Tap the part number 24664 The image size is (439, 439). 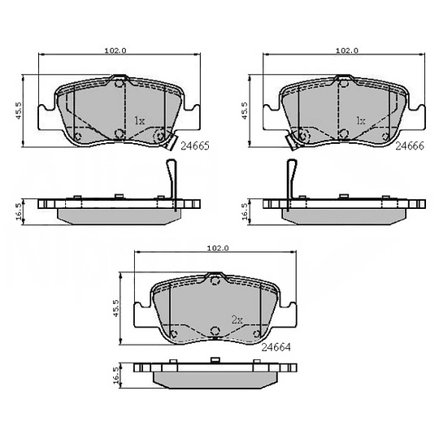(x=276, y=346)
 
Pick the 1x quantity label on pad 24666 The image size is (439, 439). (x=361, y=120)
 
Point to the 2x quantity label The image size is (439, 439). (x=237, y=319)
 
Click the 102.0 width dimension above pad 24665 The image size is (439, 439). (x=115, y=50)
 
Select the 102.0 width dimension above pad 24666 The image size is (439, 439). (x=346, y=50)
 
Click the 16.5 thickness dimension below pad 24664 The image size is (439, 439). (x=116, y=375)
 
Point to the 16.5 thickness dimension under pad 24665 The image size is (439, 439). (x=18, y=211)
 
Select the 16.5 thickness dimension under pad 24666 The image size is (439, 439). (x=245, y=211)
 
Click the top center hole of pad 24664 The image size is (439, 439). (x=215, y=280)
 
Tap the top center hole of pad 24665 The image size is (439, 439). (x=119, y=81)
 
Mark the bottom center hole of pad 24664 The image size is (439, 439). (x=215, y=331)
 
